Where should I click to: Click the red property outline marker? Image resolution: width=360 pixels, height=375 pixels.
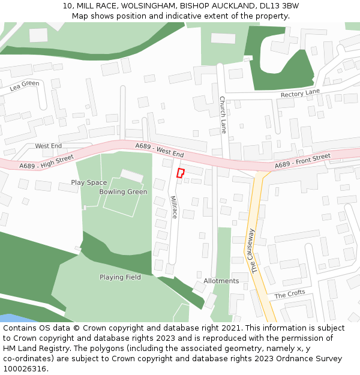[180, 173]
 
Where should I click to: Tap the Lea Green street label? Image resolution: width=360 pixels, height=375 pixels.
[25, 86]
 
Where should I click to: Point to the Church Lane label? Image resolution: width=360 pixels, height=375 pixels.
[223, 114]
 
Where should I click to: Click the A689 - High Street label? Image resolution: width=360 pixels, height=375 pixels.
[46, 161]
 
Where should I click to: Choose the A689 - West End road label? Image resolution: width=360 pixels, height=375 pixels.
[160, 150]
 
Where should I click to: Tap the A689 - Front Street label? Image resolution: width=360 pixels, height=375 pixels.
[302, 161]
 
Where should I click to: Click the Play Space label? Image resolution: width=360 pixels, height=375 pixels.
[89, 182]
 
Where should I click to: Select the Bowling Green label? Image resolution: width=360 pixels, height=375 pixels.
[123, 192]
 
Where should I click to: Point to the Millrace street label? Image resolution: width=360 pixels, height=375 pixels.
[173, 206]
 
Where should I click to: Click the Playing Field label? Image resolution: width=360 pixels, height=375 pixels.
[120, 277]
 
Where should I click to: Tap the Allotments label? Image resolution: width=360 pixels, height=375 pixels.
[221, 281]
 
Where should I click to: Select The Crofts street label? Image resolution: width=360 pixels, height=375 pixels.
[289, 295]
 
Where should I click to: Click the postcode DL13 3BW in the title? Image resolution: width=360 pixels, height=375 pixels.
[282, 6]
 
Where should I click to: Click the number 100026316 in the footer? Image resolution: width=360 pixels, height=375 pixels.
[25, 369]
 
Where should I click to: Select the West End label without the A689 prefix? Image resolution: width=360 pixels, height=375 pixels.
[48, 146]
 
